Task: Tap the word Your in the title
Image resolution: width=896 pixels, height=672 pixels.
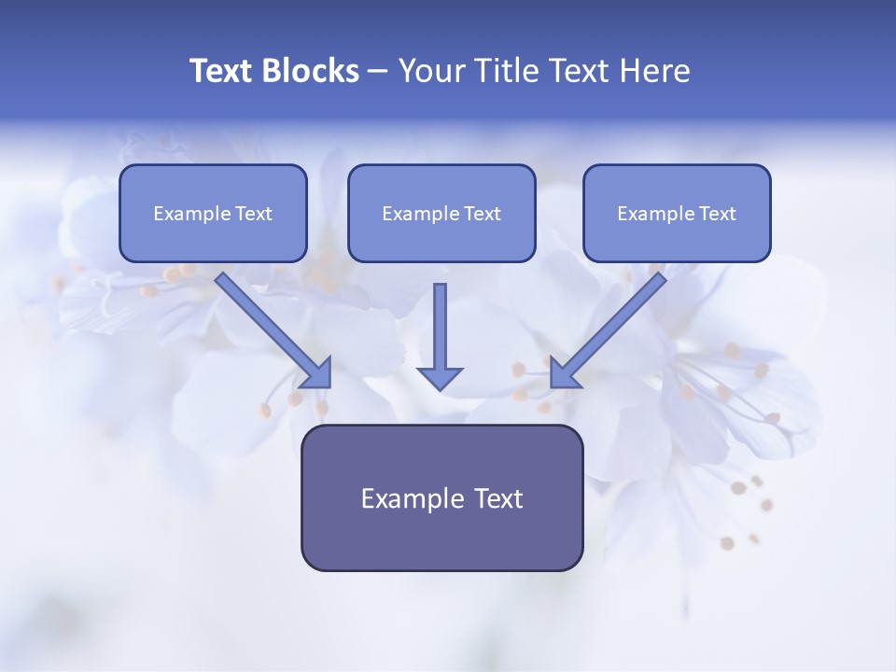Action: (x=430, y=71)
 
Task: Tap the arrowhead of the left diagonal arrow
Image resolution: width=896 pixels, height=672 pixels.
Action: (x=317, y=373)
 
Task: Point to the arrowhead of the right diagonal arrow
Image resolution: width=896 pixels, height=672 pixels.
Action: (x=564, y=373)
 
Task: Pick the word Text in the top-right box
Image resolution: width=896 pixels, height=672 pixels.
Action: (x=717, y=214)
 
